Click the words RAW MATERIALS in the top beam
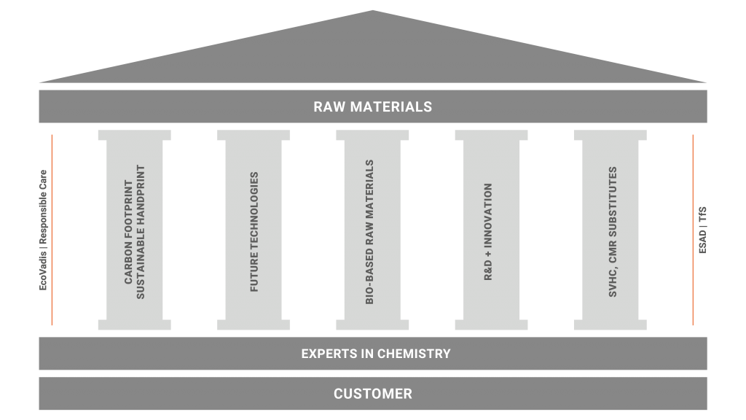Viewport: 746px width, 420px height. point(372,106)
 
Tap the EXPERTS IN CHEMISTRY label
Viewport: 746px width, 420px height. point(375,354)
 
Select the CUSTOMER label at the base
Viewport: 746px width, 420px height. point(372,394)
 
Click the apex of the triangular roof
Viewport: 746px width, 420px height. point(372,12)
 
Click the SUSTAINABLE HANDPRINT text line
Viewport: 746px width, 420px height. point(141,230)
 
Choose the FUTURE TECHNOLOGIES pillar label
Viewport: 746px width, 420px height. point(254,232)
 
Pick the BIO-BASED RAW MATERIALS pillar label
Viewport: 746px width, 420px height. point(372,232)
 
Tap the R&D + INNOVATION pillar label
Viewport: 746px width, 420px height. point(488,231)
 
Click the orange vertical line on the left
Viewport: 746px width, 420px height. point(52,230)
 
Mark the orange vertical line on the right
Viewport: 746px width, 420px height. point(692,230)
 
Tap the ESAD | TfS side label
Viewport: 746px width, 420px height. point(702,230)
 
